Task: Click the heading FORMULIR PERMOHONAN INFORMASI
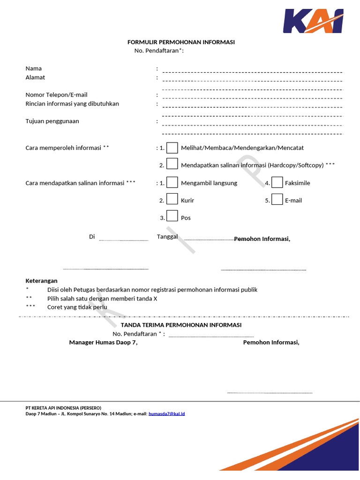(181, 42)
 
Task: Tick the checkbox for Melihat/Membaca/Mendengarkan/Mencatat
(172, 148)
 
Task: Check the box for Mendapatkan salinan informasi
(172, 164)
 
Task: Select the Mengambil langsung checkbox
(172, 182)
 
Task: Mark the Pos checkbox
(172, 216)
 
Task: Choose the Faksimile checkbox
(277, 182)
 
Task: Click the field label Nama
(33, 68)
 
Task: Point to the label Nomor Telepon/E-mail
(56, 95)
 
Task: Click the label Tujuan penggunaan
(52, 121)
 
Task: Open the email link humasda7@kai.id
(166, 414)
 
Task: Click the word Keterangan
(41, 281)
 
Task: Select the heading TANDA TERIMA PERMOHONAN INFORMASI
(181, 325)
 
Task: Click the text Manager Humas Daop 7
(103, 342)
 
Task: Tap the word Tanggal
(167, 237)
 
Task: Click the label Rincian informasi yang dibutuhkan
(72, 104)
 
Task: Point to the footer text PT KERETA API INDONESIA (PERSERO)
(63, 408)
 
